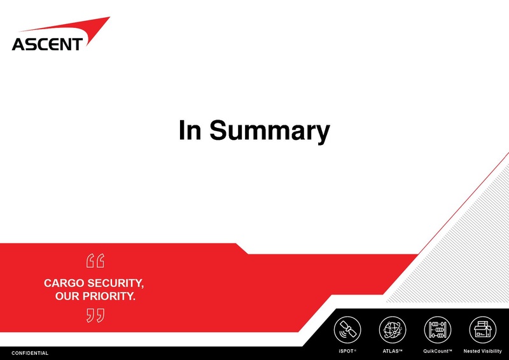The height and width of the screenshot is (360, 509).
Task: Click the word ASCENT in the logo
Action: coord(47,44)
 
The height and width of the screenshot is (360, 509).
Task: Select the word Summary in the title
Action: coord(270,132)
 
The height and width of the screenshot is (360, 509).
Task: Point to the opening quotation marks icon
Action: coord(95,261)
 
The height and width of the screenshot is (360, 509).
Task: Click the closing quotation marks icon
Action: coord(95,315)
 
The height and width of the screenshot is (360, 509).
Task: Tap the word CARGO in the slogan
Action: coord(64,282)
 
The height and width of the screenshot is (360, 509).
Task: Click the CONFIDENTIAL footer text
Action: coord(30,353)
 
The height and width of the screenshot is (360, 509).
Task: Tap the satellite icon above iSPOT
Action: coord(347,329)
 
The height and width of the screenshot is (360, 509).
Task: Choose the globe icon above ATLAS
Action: coord(393,329)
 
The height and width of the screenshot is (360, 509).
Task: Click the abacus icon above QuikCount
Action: coord(437,329)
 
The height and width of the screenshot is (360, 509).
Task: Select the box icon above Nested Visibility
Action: coord(482,329)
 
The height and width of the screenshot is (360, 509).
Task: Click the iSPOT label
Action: coord(347,351)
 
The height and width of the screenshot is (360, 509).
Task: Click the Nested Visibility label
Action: coord(482,351)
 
